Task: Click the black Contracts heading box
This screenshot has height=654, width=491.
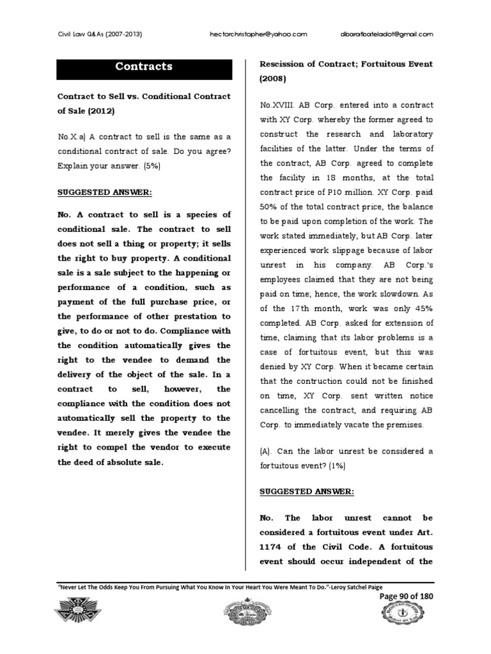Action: pyautogui.click(x=144, y=66)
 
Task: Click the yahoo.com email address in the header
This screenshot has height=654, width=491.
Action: pyautogui.click(x=259, y=34)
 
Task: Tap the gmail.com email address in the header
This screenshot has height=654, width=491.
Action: pyautogui.click(x=384, y=34)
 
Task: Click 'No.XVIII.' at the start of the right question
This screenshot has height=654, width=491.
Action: pyautogui.click(x=276, y=105)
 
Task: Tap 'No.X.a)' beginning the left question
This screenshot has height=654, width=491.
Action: pyautogui.click(x=75, y=137)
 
